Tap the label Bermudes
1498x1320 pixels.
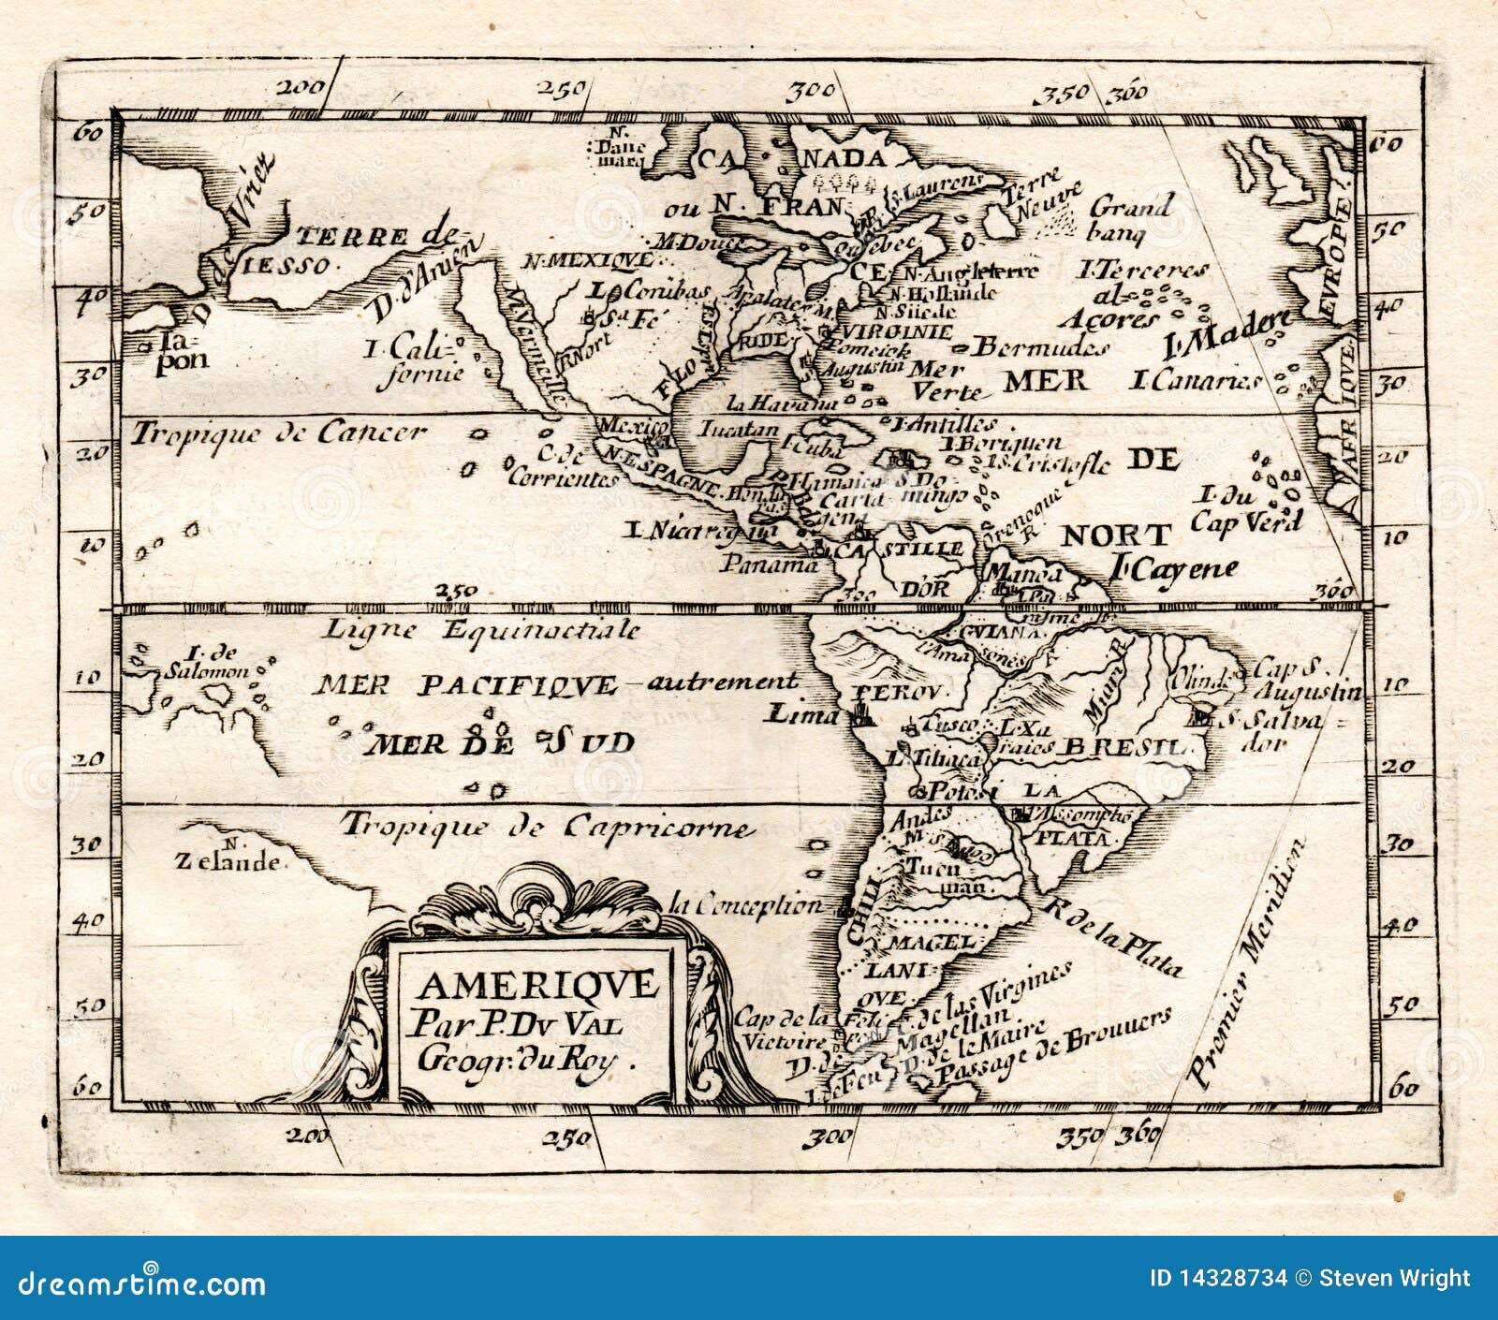point(1039,348)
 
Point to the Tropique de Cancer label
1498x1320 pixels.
point(278,433)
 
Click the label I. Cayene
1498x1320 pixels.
point(1175,567)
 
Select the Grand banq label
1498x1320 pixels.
point(1131,218)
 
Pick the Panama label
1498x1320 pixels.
point(768,565)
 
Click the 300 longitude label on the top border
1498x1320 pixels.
point(812,92)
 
